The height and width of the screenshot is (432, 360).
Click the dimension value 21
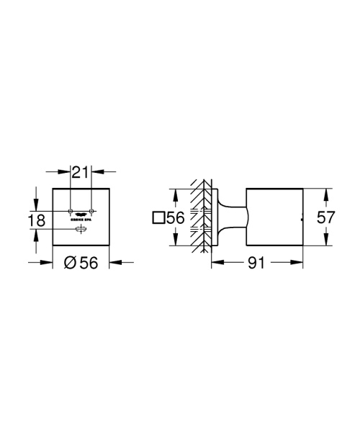tap(81, 172)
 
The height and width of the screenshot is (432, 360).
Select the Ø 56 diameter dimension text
tap(81, 264)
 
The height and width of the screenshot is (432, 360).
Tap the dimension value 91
tap(256, 264)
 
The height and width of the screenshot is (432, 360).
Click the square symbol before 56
tap(158, 217)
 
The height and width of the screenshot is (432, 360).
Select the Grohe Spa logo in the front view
tap(81, 214)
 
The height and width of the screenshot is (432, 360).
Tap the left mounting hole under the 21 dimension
tap(70, 210)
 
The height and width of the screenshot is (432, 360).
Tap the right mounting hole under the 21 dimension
tap(91, 210)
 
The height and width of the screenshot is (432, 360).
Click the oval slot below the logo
tap(81, 229)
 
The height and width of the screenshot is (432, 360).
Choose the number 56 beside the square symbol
tap(176, 217)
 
